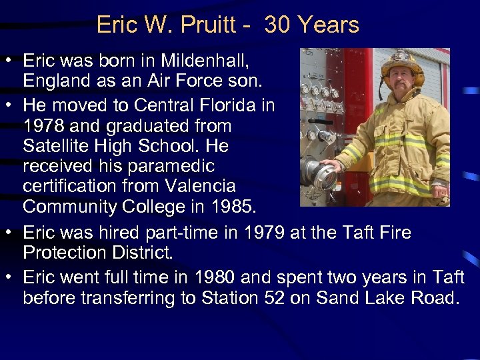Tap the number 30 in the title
coord(279,25)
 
